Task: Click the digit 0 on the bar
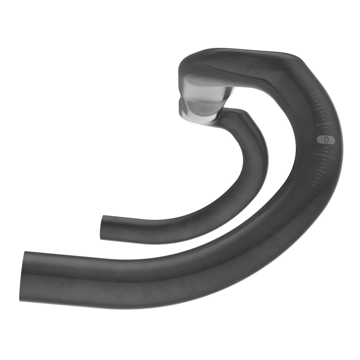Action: [x=326, y=140]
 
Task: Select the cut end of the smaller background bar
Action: [x=102, y=228]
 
